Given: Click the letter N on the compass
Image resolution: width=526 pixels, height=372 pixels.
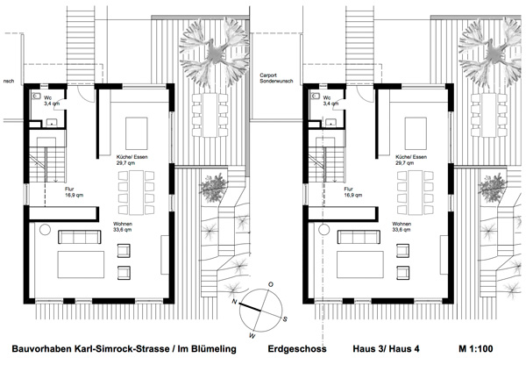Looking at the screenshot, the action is (234, 302).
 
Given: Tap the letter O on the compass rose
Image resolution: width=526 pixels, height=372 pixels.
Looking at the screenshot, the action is (271, 284).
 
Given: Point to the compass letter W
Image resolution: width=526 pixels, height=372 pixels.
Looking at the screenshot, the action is (252, 335).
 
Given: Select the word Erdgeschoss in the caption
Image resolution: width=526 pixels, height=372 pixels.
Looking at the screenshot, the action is (297, 349).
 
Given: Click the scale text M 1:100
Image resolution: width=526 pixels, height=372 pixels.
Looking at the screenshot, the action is (476, 349).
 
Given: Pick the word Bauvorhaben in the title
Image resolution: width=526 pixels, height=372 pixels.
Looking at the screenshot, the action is (41, 349).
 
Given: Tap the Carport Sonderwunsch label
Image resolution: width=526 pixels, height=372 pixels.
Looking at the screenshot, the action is (276, 78).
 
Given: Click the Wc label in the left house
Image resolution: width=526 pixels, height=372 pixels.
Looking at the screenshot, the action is (47, 97).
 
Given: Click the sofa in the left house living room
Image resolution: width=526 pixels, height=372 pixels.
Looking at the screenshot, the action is (80, 237).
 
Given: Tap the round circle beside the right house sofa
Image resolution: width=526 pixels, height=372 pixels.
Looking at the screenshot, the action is (324, 230).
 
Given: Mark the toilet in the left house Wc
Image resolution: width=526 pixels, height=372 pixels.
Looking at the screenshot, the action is (36, 97).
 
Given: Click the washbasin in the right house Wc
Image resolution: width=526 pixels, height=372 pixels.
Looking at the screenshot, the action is (331, 123).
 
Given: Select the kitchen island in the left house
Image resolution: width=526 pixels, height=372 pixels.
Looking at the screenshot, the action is (137, 133).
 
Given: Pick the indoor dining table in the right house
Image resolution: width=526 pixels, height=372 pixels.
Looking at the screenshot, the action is (416, 192).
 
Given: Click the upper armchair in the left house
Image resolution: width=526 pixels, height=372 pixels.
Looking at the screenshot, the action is (124, 251).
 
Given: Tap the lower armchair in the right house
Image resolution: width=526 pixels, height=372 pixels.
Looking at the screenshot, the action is (403, 273).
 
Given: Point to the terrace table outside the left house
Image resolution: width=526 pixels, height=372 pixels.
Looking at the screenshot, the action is (210, 115).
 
